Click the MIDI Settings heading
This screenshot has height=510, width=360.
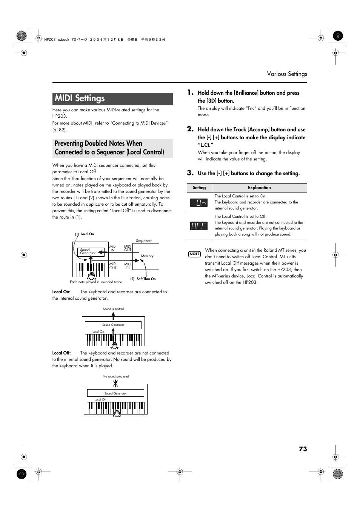(x=80, y=99)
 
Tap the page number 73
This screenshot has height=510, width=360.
(x=303, y=449)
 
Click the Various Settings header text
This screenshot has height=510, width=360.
(x=287, y=74)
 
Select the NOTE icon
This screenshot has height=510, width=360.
(x=194, y=254)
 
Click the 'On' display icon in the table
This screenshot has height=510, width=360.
(x=199, y=203)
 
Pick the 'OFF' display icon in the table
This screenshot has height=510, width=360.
(x=199, y=226)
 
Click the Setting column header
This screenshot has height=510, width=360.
(x=199, y=188)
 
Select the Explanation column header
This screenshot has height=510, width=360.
(x=259, y=188)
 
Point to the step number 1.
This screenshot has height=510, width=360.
(x=191, y=92)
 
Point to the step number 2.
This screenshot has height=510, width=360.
(x=191, y=129)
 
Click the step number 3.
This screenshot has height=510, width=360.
(x=191, y=173)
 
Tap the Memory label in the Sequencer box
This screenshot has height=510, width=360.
(x=147, y=256)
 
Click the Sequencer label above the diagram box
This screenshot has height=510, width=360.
(x=144, y=240)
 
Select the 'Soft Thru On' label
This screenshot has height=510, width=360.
(x=146, y=279)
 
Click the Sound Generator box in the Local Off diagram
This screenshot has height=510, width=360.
(x=115, y=393)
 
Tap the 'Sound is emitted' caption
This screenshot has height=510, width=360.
(x=113, y=309)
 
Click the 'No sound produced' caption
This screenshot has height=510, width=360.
(x=115, y=376)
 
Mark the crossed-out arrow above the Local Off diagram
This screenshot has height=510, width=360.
(x=115, y=383)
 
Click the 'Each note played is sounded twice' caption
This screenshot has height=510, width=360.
(x=96, y=282)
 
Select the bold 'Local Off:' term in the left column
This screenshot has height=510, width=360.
(x=62, y=353)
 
